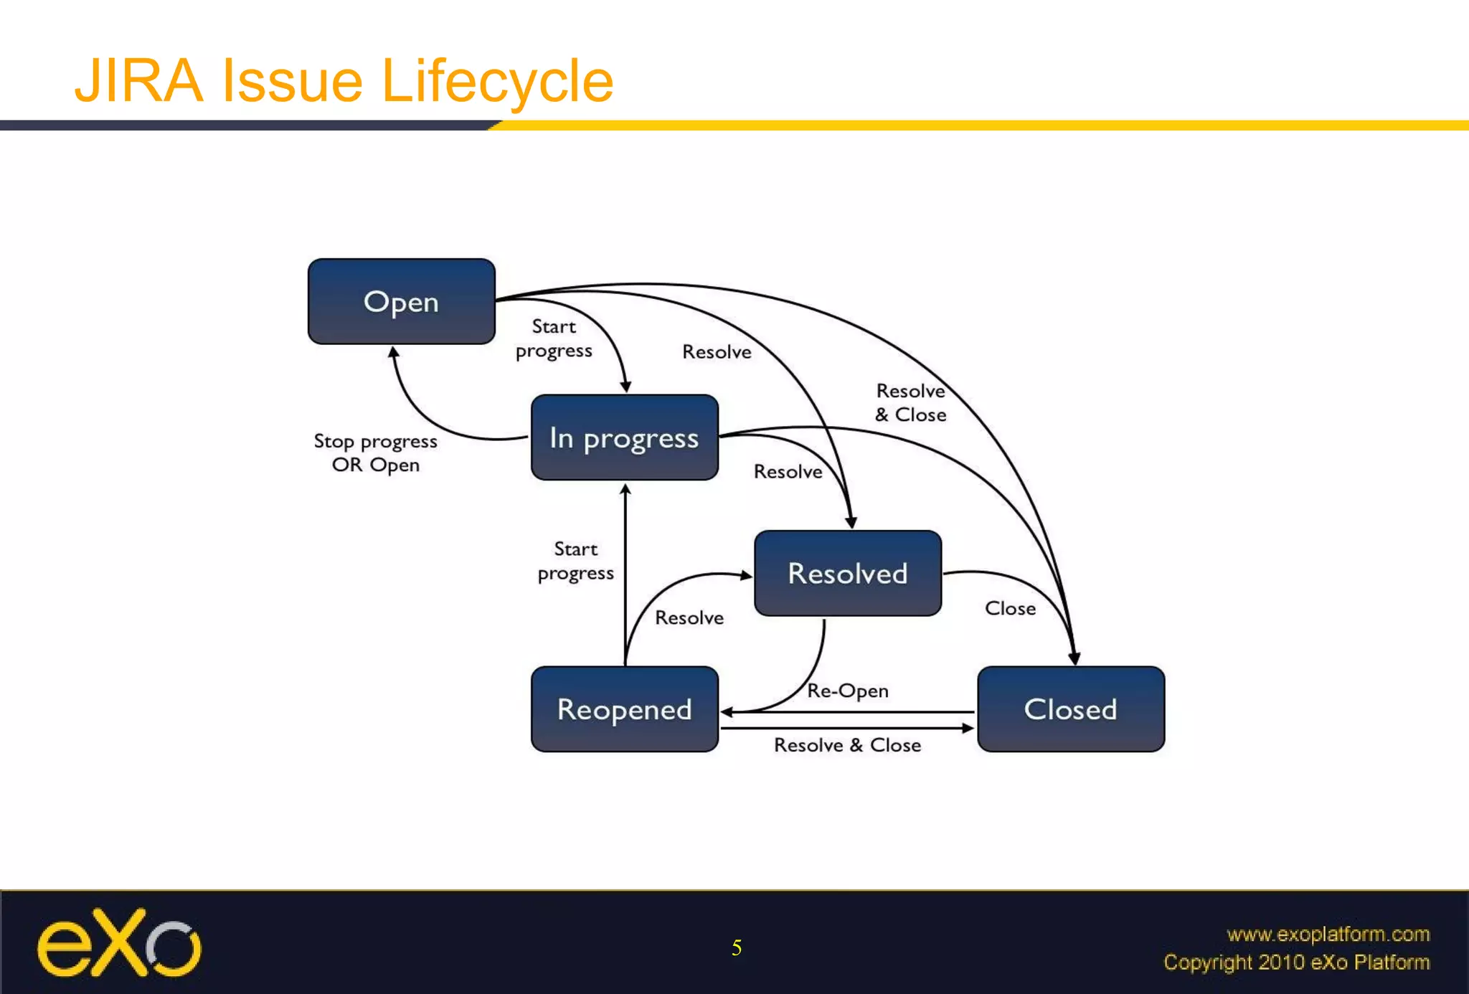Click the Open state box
401,301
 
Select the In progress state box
624,437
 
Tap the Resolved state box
847,573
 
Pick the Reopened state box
624,709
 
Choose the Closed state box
1070,709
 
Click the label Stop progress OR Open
375,453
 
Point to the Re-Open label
847,691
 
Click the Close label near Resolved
1010,608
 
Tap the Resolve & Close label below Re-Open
847,745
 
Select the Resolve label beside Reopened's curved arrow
689,617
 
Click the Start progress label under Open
554,339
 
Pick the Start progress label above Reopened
575,561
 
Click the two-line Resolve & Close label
910,402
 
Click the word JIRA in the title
139,81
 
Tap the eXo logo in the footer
119,944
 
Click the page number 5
736,948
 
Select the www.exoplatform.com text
1328,934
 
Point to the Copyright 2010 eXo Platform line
1296,962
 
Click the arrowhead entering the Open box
393,352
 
